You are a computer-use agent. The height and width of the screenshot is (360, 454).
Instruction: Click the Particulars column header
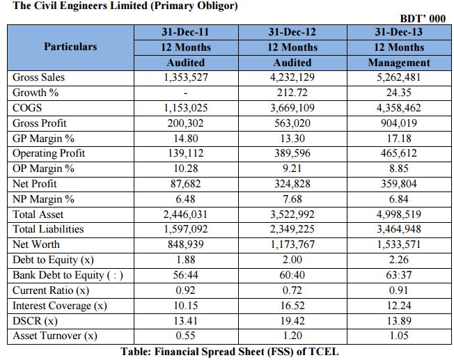[x=70, y=47]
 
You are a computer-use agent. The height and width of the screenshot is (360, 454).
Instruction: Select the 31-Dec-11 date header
[x=186, y=32]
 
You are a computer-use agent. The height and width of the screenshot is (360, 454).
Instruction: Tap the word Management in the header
[x=399, y=62]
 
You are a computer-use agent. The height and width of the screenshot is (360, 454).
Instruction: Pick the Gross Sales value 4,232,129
[x=292, y=77]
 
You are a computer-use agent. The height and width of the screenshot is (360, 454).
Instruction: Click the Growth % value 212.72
[x=292, y=93]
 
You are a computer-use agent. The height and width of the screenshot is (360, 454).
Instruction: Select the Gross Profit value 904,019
[x=399, y=123]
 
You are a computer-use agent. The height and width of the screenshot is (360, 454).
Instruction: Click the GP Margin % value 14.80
[x=186, y=138]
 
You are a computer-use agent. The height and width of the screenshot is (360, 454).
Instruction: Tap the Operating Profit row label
[x=49, y=153]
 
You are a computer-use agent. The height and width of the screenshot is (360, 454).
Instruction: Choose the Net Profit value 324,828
[x=292, y=184]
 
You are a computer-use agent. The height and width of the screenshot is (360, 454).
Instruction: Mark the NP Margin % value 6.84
[x=399, y=199]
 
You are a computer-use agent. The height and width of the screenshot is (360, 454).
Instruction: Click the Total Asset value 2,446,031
[x=186, y=214]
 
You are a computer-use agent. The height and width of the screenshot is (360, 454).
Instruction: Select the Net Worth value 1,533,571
[x=399, y=244]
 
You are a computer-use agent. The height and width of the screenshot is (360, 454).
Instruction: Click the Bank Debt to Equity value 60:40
[x=292, y=275]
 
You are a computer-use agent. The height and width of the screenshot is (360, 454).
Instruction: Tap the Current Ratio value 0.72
[x=292, y=290]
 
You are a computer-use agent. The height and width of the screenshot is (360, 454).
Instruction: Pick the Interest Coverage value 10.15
[x=186, y=306]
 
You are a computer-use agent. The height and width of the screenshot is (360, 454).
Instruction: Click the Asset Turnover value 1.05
[x=399, y=336]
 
